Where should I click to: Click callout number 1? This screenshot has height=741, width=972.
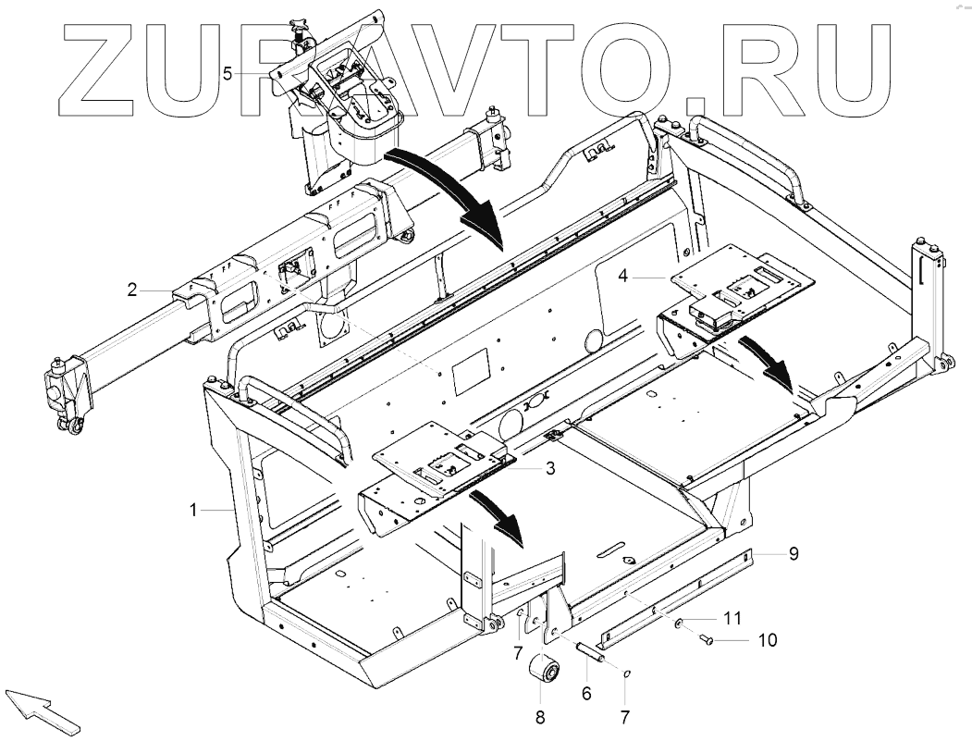[x=193, y=509]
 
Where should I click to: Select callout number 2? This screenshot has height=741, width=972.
[x=133, y=290]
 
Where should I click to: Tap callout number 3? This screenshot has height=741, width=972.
[x=550, y=468]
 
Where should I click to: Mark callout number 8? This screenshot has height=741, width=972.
[x=539, y=715]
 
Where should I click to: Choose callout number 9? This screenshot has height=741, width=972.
[x=794, y=554]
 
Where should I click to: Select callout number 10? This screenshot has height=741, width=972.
[x=768, y=639]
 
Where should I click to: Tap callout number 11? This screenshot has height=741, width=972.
[x=732, y=617]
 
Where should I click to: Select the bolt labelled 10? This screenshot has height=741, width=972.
[x=707, y=638]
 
